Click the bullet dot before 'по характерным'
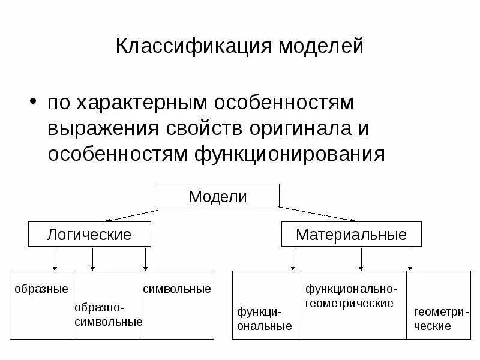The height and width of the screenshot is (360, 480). pos(34,100)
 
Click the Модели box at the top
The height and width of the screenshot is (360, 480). pos(218,196)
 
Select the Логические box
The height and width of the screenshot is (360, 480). pos(89,234)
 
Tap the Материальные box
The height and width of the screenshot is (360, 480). pos(351,234)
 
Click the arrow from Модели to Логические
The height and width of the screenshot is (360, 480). pos(133,214)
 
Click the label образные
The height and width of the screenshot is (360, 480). pos(41,289)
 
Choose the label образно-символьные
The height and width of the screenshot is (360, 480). pos(108,315)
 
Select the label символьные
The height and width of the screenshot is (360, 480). pos(177,289)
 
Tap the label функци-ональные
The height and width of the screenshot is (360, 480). pos(265,319)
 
